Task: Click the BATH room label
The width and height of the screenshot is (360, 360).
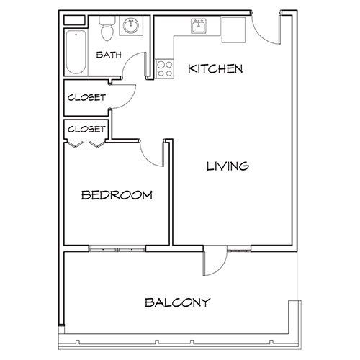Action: [x=108, y=55]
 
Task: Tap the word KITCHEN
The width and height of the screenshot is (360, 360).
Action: [x=215, y=69]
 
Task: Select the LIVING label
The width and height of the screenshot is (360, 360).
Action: [x=228, y=166]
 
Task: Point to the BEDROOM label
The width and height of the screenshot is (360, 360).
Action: [x=116, y=194]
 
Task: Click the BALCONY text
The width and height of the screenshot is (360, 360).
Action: [x=176, y=302]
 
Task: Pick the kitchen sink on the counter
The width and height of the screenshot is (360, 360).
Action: [x=197, y=27]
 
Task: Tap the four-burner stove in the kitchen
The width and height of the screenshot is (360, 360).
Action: [x=164, y=69]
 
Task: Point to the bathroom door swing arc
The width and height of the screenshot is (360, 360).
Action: [x=134, y=68]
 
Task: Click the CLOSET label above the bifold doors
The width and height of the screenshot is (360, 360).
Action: [x=86, y=130]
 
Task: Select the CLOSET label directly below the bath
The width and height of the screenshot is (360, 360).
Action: [x=87, y=97]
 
